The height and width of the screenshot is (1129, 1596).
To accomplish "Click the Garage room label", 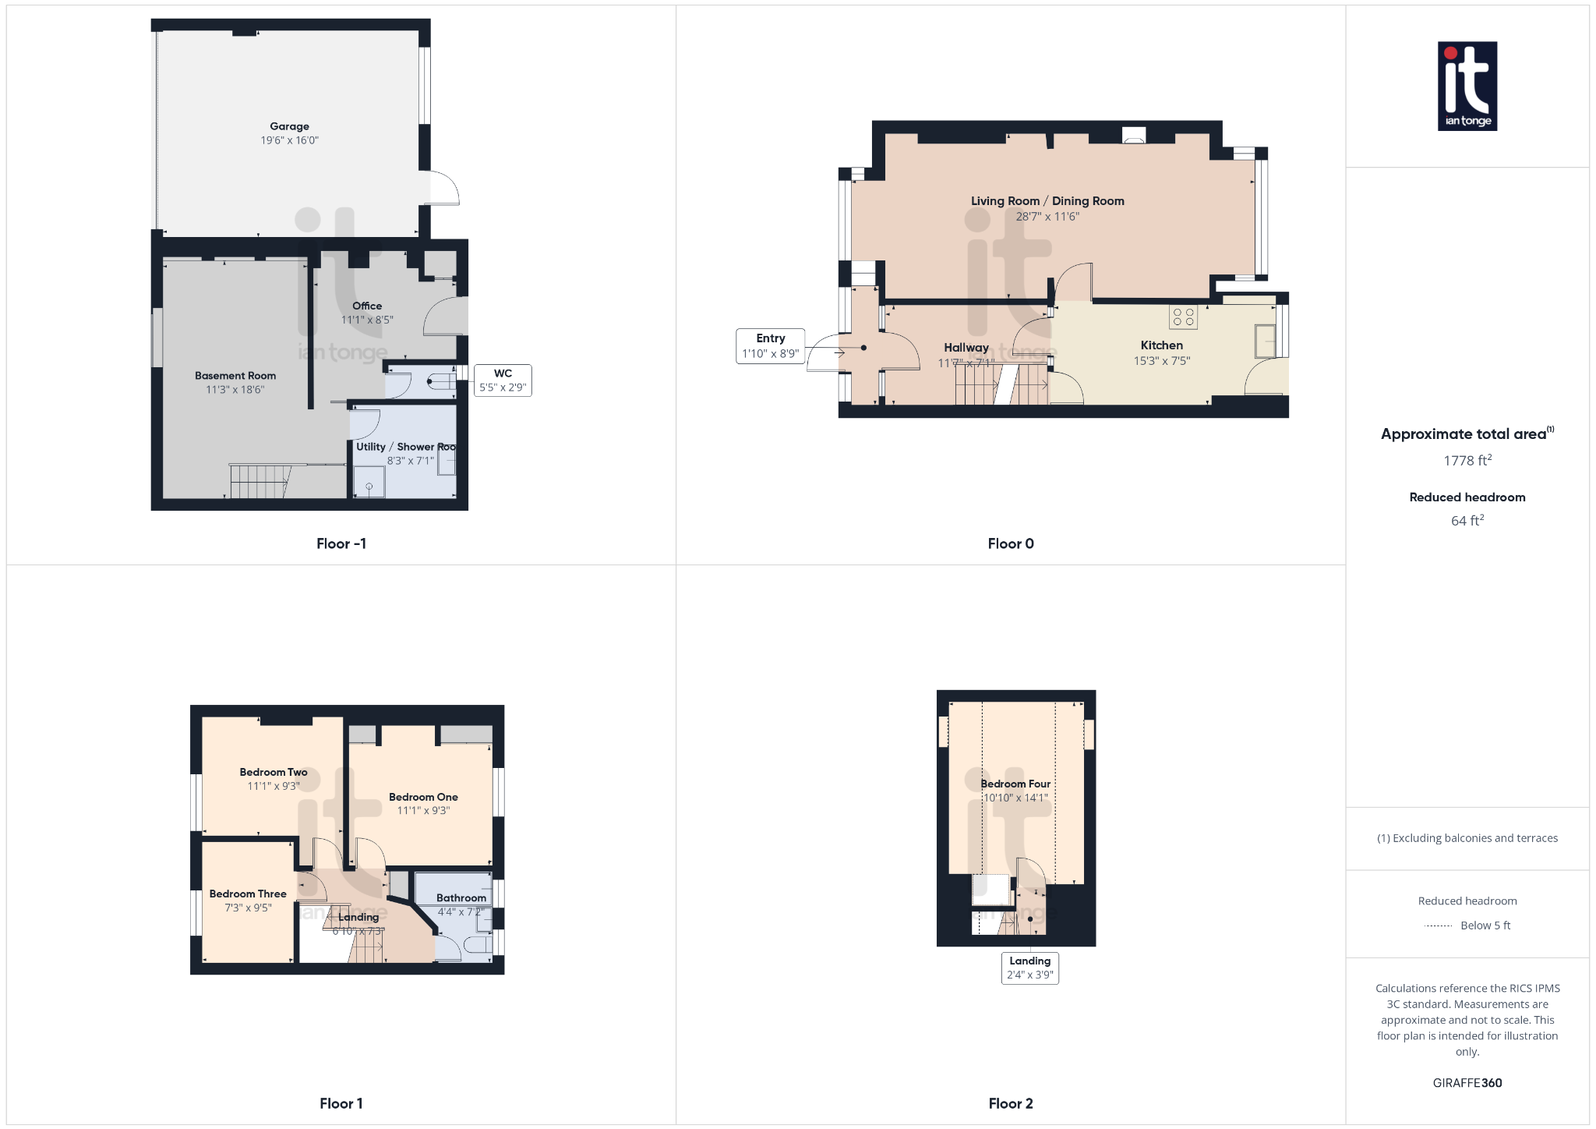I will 289,126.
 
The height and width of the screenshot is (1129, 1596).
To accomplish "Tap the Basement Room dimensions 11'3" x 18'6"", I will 235,390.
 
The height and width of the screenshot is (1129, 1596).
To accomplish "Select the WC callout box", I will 503,380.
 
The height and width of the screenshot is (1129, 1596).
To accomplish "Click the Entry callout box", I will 770,346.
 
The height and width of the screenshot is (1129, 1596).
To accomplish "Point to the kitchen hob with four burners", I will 1183,317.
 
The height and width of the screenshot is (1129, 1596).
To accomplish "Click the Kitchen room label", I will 1161,345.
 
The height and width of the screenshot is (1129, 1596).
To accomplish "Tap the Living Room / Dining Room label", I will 1047,201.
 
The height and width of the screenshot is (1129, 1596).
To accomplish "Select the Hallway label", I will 966,348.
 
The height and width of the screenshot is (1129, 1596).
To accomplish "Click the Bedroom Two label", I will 273,773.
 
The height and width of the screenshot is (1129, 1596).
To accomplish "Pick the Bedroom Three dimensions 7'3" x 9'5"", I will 248,908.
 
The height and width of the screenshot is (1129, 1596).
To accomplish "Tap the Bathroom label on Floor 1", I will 461,898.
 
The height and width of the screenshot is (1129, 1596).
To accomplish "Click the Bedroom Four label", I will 1015,784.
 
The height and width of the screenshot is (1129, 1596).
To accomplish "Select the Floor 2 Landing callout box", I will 1029,968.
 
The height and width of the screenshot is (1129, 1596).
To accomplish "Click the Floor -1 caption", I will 341,544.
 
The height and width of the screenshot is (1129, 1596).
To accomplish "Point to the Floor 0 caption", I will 1010,544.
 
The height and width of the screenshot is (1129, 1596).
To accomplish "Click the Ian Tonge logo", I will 1467,87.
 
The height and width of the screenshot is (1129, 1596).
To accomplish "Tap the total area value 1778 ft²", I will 1467,461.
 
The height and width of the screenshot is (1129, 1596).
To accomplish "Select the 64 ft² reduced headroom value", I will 1467,521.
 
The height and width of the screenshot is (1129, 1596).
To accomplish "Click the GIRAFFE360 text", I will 1467,1083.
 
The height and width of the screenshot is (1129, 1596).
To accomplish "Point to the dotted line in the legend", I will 1438,926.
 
